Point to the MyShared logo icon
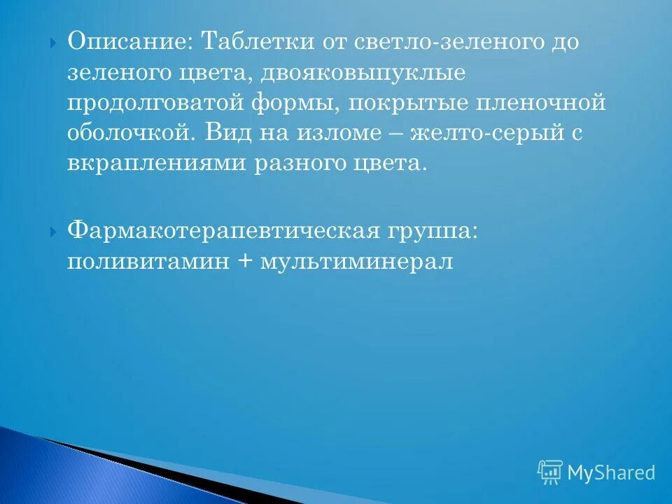(549, 472)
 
